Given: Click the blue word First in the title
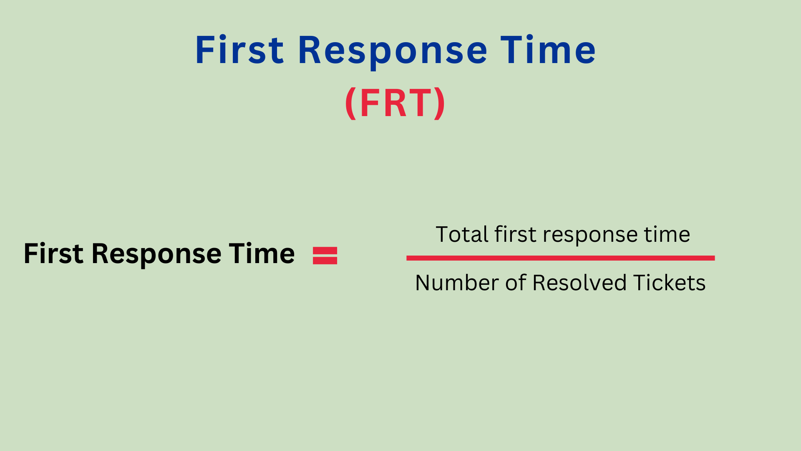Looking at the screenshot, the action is coord(239,50).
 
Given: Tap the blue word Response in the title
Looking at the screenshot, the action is coord(393,52).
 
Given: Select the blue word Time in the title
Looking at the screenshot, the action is coord(548,50).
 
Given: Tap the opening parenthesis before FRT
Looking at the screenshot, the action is coord(351,104).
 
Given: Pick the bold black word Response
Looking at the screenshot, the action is coord(156,255).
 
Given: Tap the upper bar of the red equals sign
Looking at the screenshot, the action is coord(325,251).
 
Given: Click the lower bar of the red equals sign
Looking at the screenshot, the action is coord(325,261).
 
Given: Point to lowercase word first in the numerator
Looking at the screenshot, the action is coord(515,234).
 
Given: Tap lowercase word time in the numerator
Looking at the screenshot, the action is coord(667,234).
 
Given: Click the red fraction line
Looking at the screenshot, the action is coord(561,258).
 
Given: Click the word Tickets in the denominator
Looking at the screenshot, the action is coord(669,283).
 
